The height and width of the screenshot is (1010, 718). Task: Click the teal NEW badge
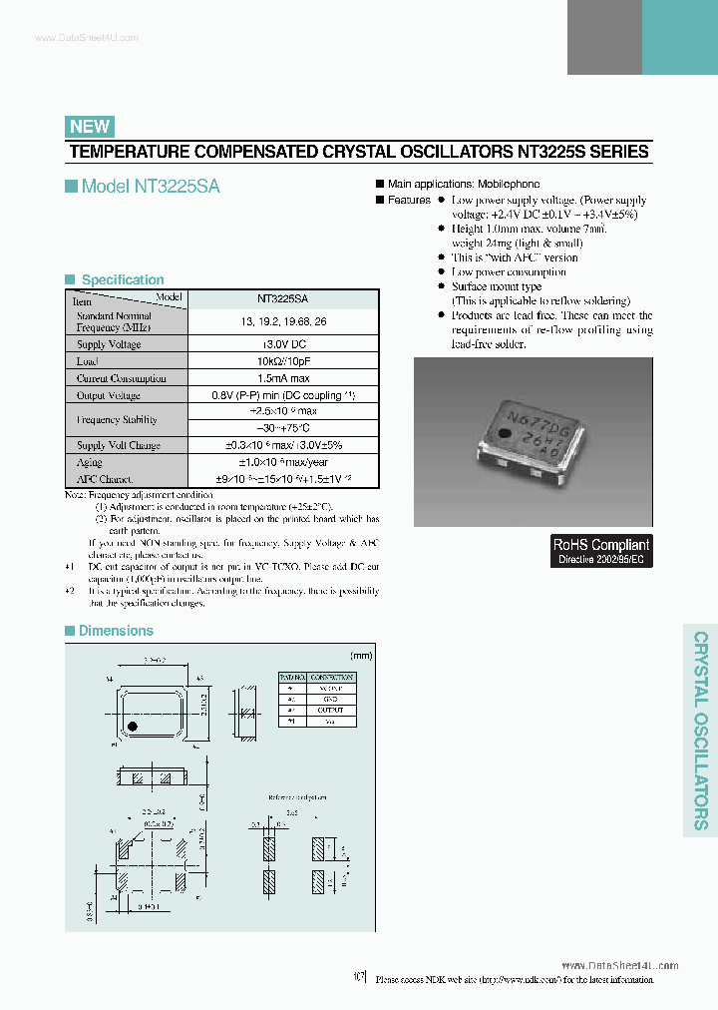click(90, 126)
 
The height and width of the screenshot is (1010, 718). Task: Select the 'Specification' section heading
click(122, 280)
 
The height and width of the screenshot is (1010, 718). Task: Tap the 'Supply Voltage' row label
click(109, 344)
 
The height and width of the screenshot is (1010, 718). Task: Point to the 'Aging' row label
click(90, 463)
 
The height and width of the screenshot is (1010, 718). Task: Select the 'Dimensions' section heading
click(116, 631)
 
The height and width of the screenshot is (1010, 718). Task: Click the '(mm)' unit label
click(361, 656)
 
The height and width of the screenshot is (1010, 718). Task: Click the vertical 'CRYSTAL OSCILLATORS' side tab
click(700, 730)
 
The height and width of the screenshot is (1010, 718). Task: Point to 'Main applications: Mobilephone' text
click(464, 185)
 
